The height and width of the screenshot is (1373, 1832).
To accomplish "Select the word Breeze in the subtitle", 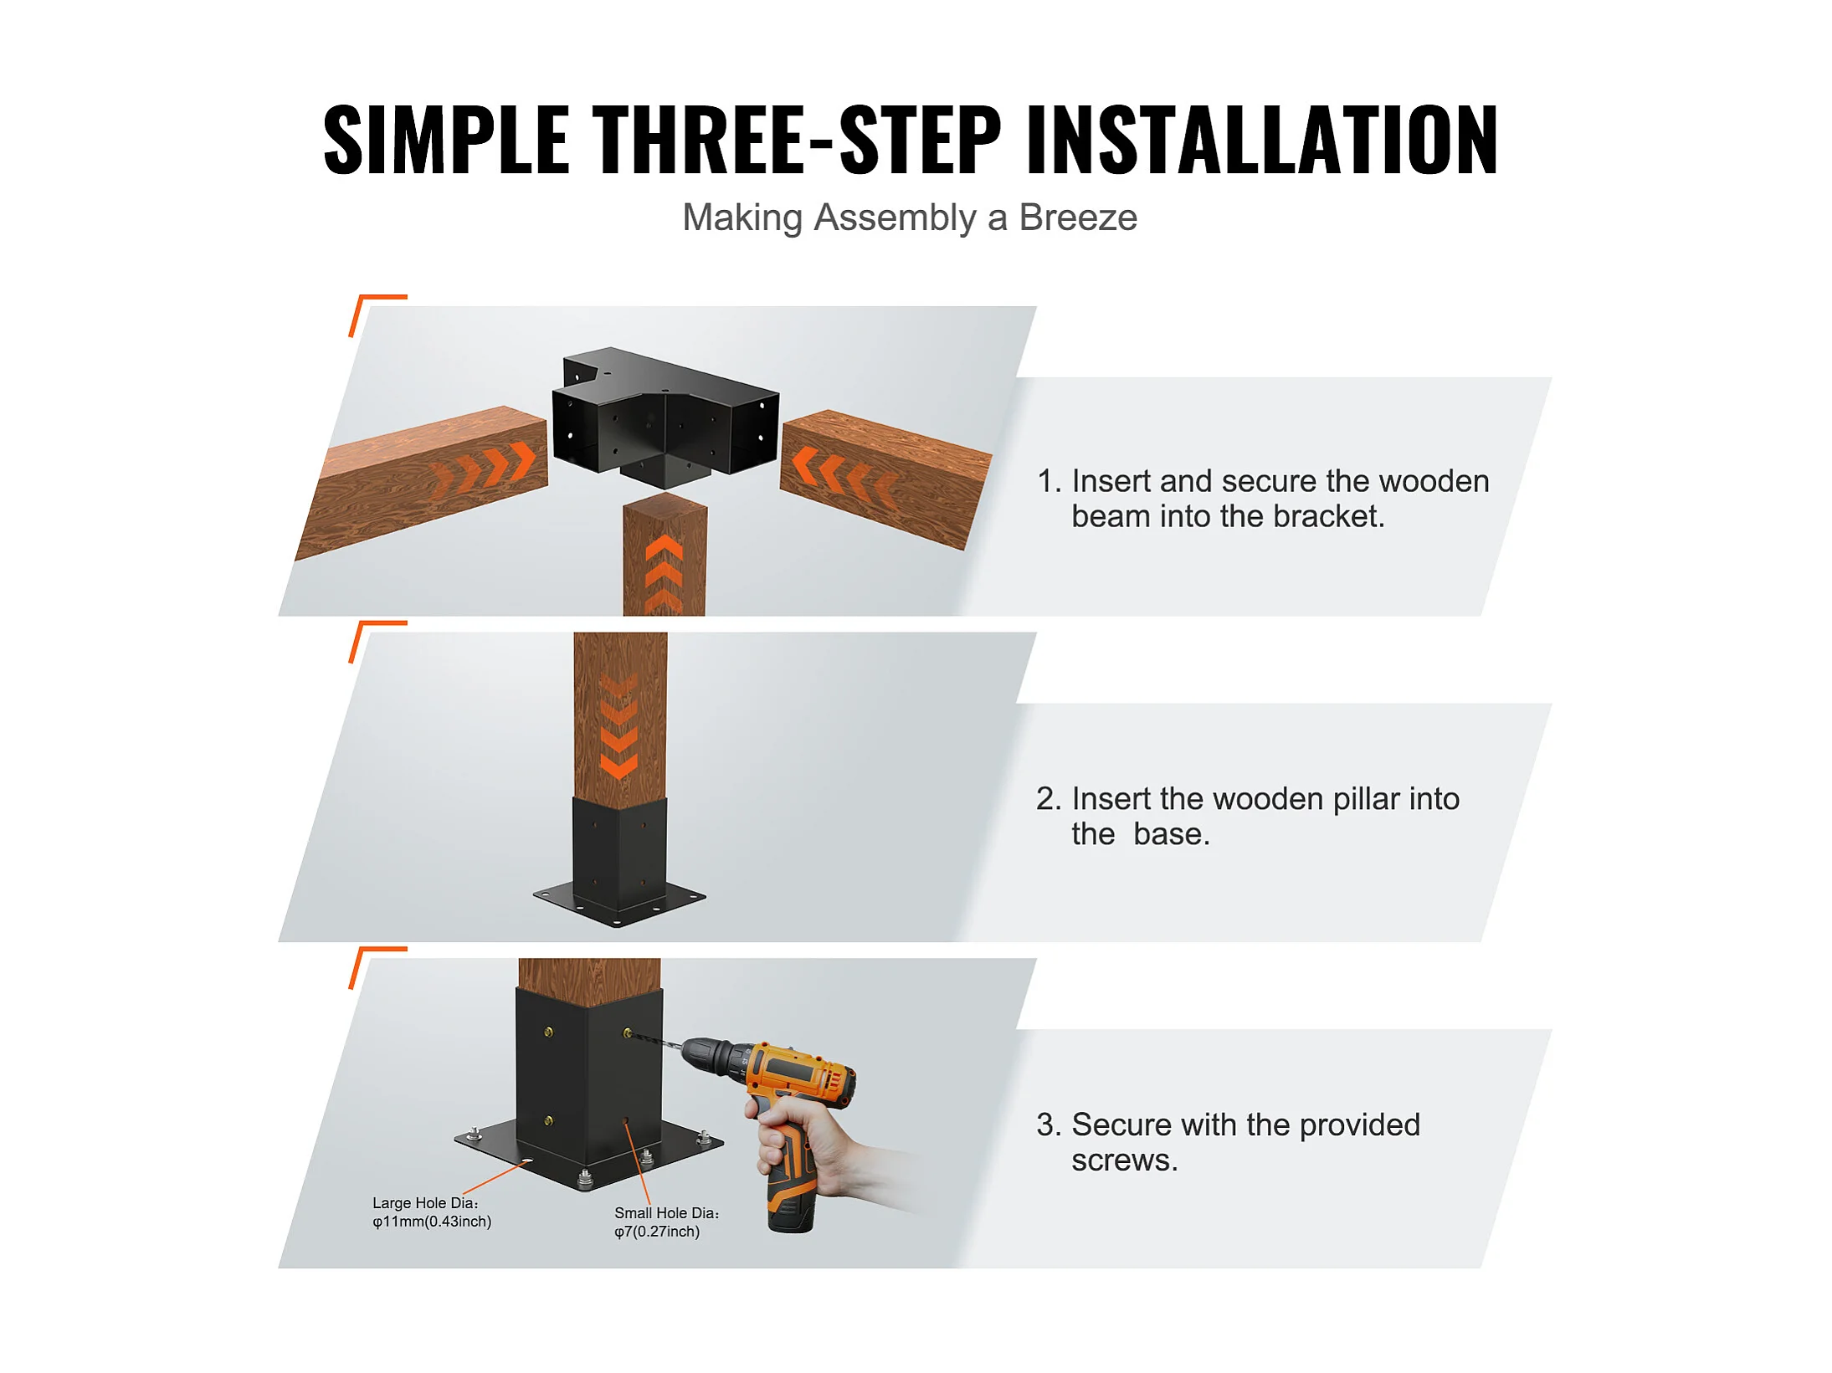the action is (1078, 218).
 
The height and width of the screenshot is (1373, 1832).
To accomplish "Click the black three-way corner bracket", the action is (665, 416).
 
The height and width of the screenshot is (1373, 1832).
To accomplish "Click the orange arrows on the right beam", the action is (844, 474).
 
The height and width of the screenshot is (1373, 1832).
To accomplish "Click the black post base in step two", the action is (619, 862).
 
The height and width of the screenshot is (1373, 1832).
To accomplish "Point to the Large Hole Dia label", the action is (425, 1203).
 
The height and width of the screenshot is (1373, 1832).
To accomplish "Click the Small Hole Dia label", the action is (667, 1213).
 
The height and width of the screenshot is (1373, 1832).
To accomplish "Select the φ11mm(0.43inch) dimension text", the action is (432, 1222).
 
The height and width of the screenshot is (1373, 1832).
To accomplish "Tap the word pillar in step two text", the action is (1366, 800).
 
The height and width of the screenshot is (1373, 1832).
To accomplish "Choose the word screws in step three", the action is (1124, 1161).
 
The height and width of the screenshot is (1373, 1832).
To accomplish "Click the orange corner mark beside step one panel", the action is (368, 310).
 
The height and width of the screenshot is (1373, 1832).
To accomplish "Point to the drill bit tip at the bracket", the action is (629, 1035).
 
